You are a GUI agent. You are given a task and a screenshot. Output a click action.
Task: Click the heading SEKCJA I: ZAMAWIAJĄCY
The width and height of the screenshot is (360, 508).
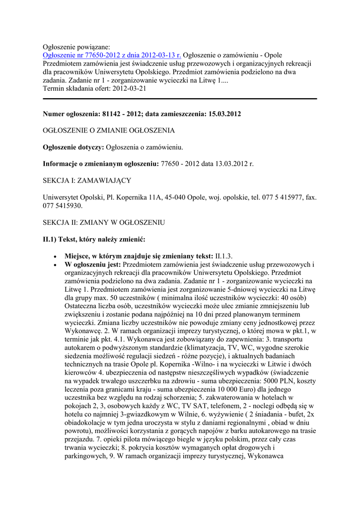pos(87,181)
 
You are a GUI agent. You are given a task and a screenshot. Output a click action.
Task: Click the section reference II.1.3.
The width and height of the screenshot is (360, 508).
pos(224,256)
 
